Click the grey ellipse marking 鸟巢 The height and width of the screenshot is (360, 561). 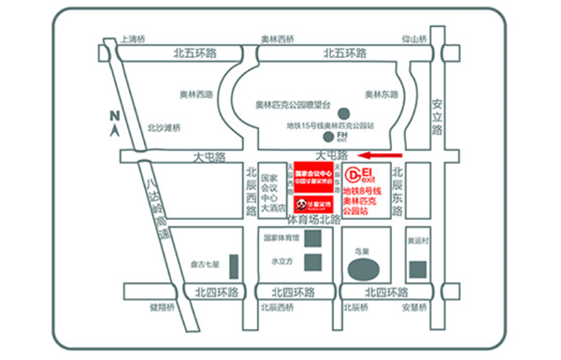[361, 271]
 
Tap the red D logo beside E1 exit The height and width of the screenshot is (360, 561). [353, 175]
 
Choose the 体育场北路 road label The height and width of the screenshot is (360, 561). [313, 220]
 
